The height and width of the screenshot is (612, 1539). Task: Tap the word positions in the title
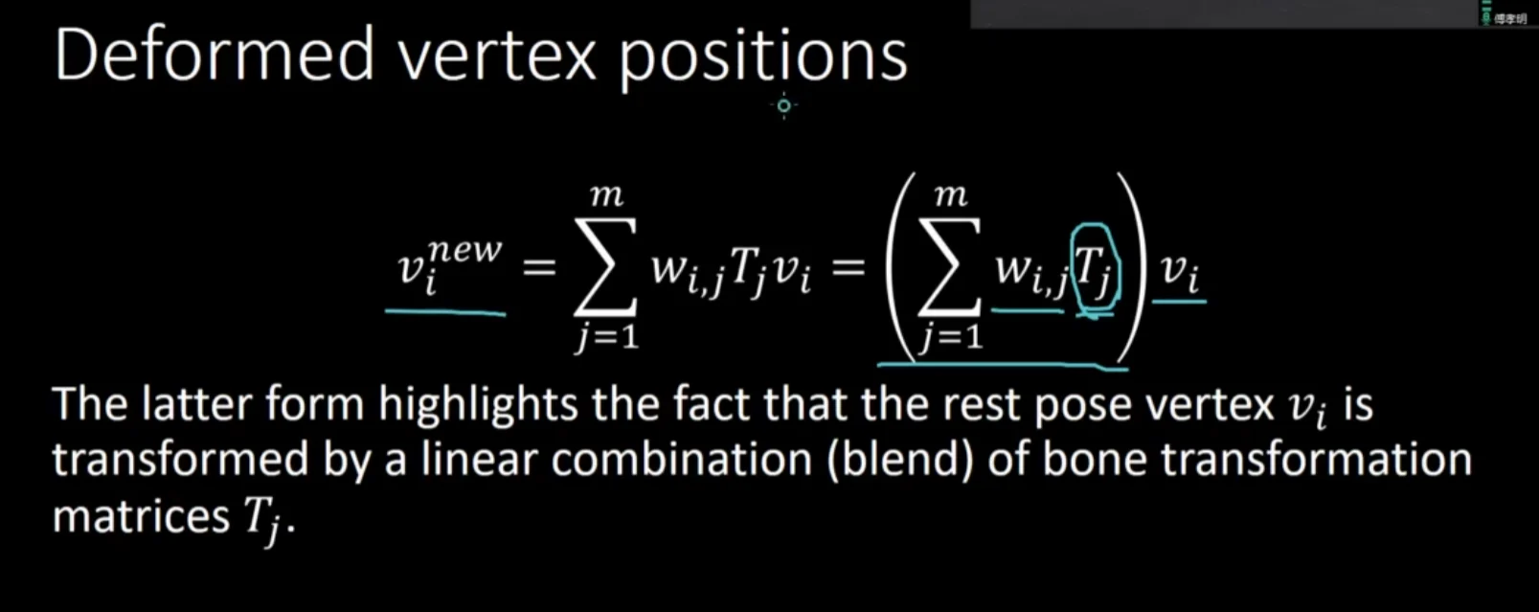[x=762, y=59]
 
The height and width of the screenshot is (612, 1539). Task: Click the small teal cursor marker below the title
[x=784, y=105]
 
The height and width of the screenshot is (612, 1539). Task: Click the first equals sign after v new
[x=538, y=267]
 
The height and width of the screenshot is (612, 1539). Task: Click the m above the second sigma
[x=951, y=196]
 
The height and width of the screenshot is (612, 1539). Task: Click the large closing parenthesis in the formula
[x=1132, y=268]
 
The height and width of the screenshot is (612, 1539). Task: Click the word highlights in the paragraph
[x=478, y=405]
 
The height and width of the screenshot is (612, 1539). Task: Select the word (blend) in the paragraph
[x=900, y=461]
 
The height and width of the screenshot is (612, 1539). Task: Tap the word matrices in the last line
[x=141, y=516]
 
